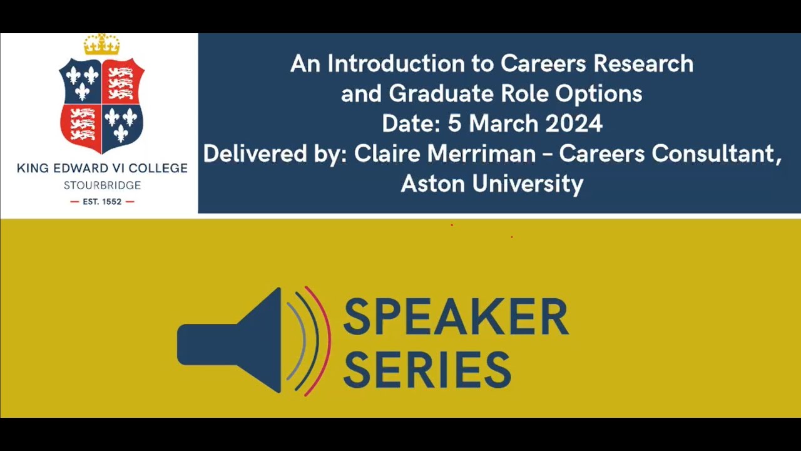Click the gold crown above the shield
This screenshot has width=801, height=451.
point(101,44)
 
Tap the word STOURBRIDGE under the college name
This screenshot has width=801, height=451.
point(102,185)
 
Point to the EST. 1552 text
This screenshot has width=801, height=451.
point(102,202)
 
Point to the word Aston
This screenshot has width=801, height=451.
point(431,184)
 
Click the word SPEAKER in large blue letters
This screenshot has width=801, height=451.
point(456,317)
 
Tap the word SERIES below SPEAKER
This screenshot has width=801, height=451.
point(427,369)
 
